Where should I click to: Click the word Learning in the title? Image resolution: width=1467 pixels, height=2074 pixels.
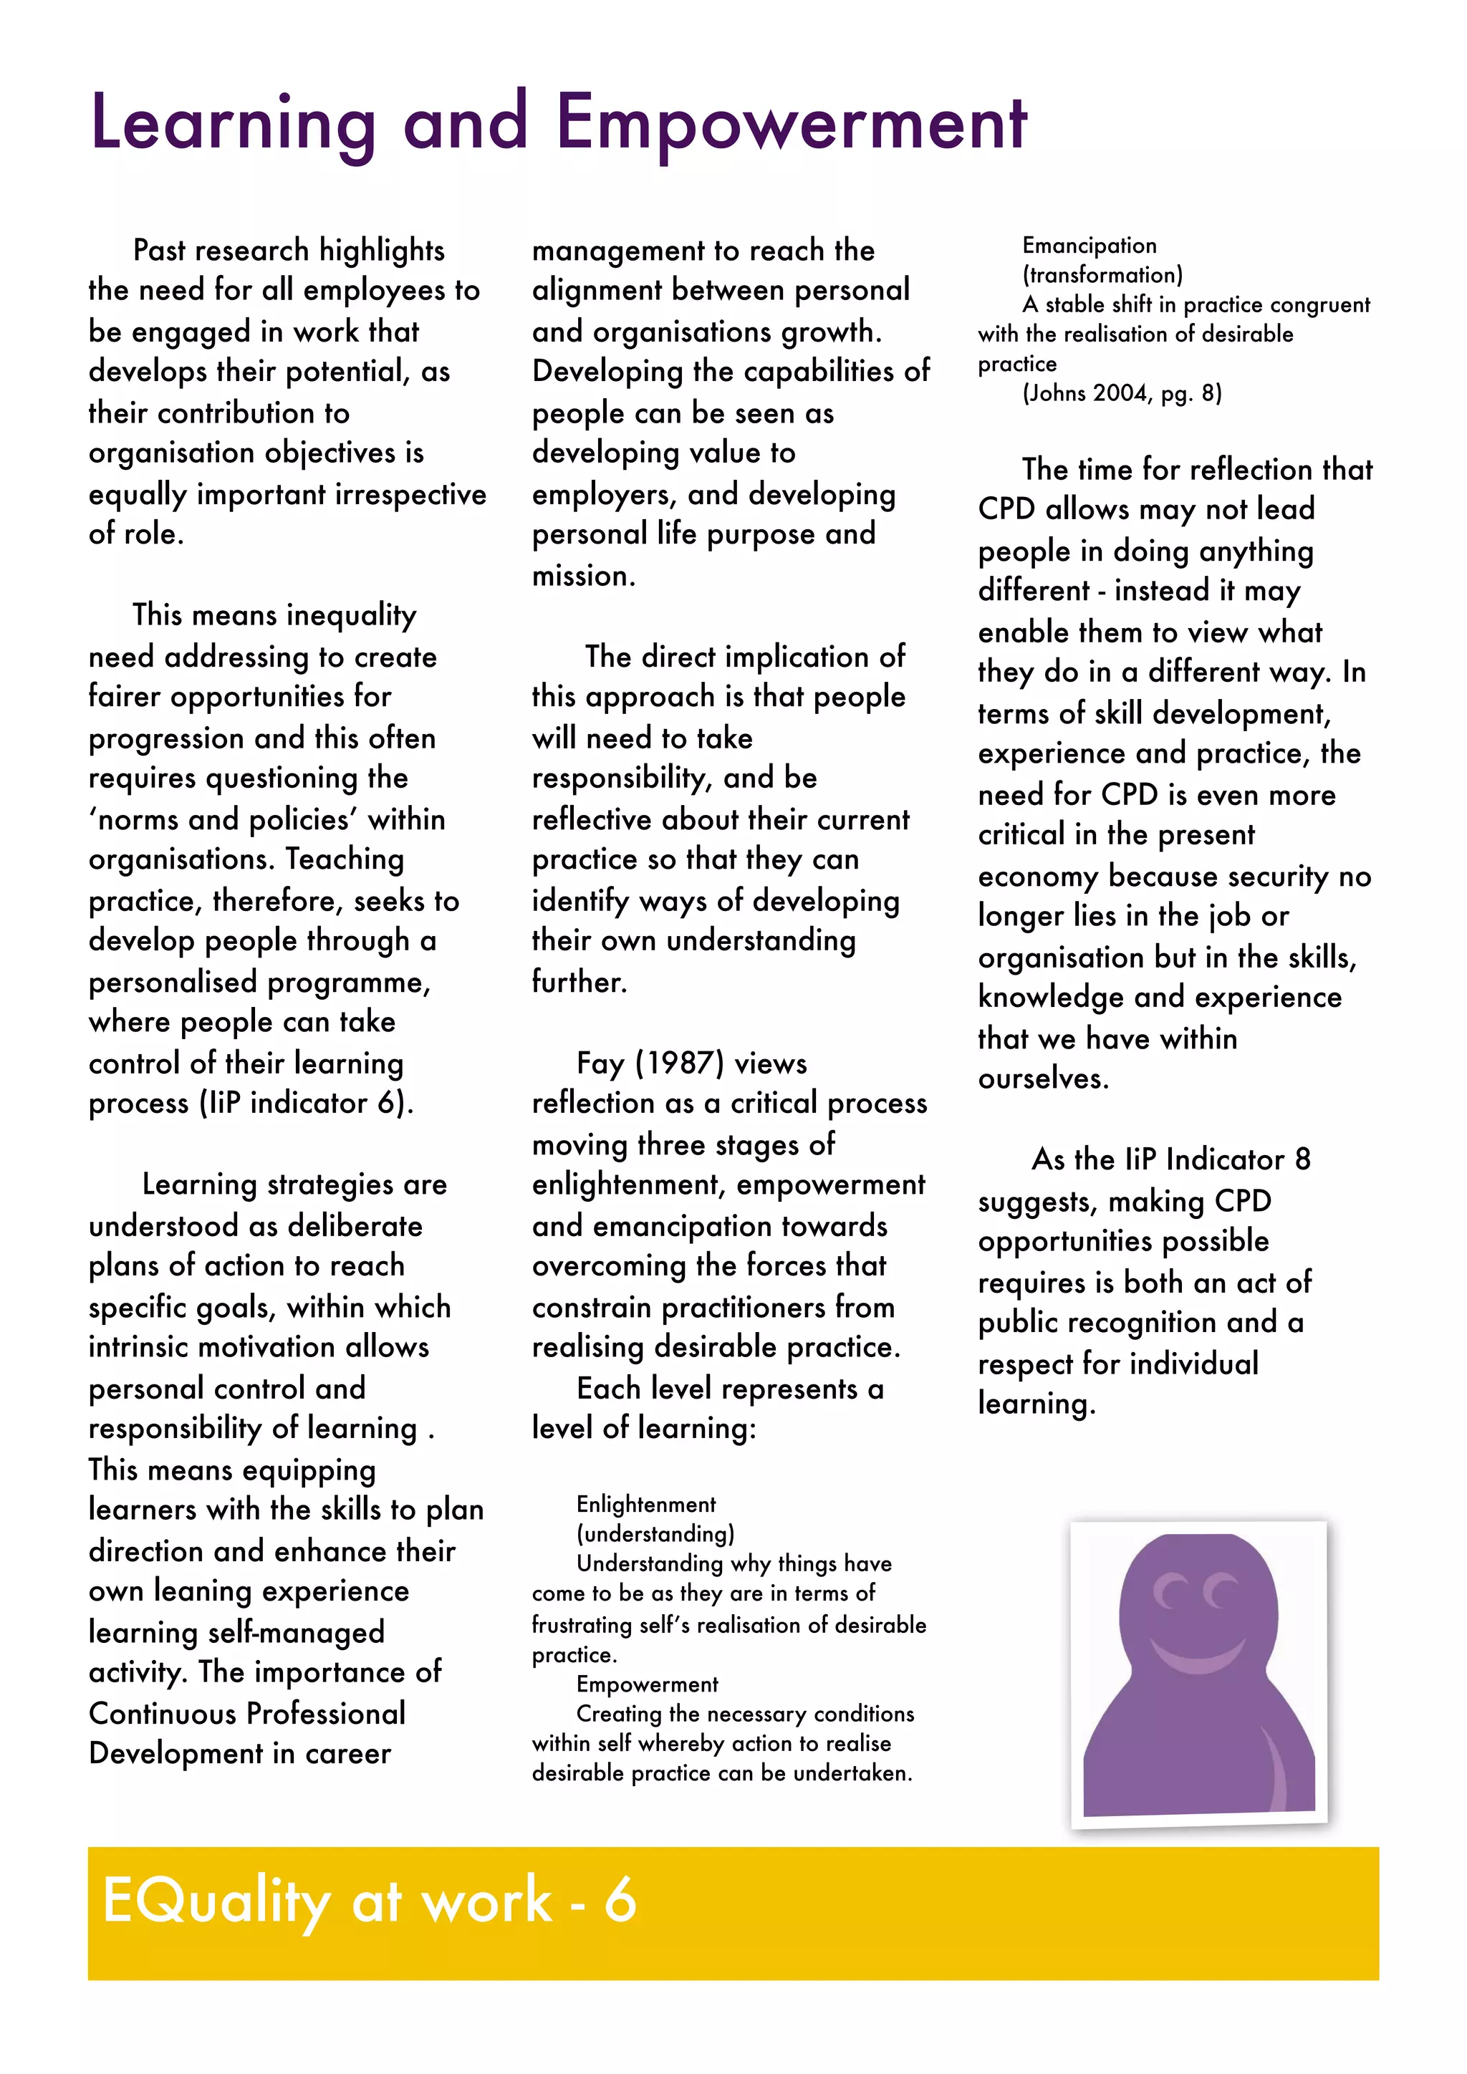click(233, 124)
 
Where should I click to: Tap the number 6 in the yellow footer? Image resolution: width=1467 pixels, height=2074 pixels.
click(620, 1900)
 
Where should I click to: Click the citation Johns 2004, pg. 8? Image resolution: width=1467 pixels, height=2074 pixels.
click(1122, 393)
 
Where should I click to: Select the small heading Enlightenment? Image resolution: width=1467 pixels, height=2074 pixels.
click(646, 1504)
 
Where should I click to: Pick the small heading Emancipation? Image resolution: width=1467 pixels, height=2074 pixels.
click(1089, 246)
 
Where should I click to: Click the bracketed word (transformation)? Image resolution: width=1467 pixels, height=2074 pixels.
click(1102, 274)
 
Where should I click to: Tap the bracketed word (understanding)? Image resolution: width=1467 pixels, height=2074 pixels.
click(655, 1534)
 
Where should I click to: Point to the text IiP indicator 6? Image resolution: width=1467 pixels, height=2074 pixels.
click(305, 1103)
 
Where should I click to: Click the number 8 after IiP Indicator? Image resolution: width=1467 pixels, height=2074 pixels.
click(1302, 1159)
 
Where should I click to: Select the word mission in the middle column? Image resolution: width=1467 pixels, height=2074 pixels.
click(582, 575)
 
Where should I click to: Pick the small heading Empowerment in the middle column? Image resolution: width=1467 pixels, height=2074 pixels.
click(647, 1684)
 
